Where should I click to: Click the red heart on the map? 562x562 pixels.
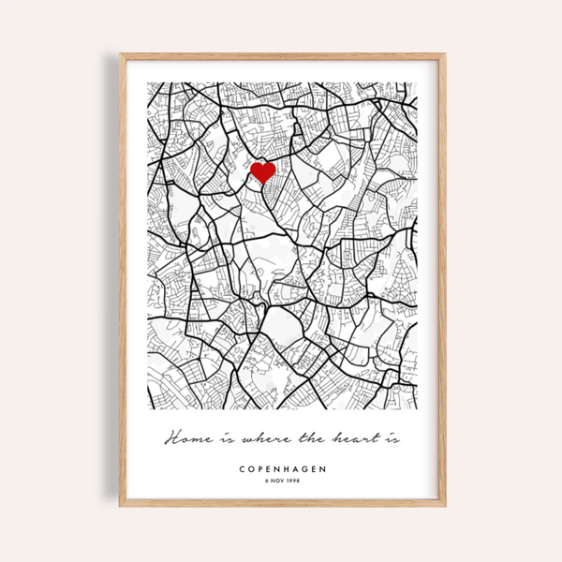pos(262,172)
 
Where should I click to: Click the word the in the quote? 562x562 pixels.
pos(306,438)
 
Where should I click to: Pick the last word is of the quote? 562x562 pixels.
pos(389,438)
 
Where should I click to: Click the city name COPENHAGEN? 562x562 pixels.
pos(282,468)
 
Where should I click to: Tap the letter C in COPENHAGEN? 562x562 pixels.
pos(243,468)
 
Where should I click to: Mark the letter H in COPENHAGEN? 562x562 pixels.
pos(282,468)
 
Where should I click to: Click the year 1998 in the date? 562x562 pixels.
pos(294,481)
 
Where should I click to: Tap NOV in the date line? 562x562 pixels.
pos(278,481)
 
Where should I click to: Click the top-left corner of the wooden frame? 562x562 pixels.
pos(121,55)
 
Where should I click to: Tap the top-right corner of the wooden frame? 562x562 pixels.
pos(444,55)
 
